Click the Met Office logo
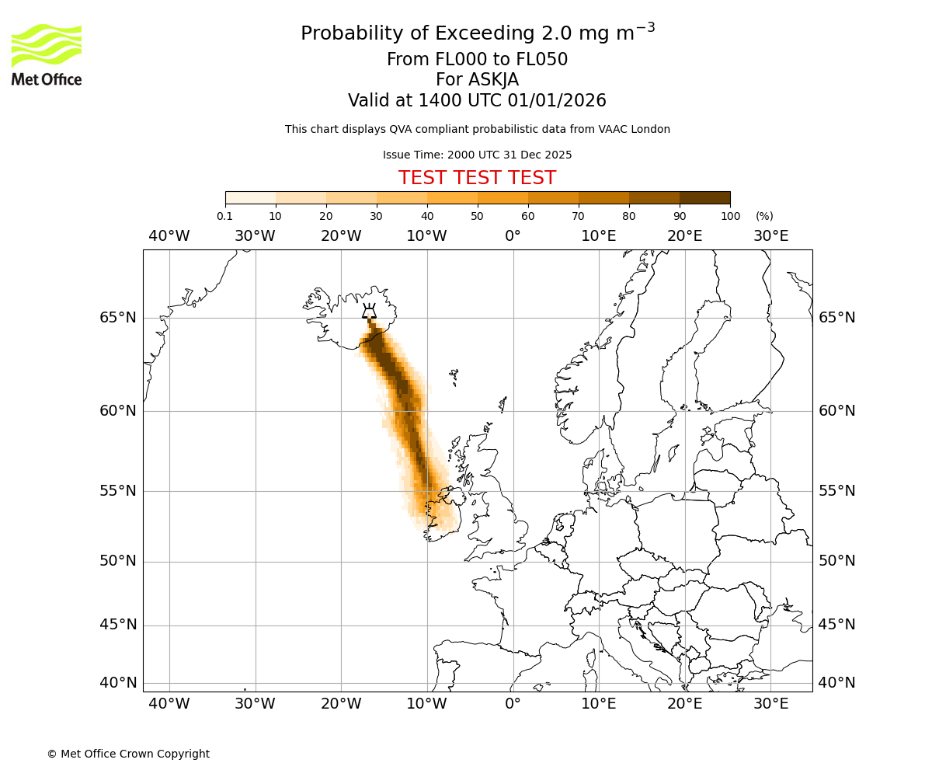[x=47, y=54]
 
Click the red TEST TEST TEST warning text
[x=477, y=178]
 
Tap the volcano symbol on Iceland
[x=369, y=311]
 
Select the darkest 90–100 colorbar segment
[x=704, y=198]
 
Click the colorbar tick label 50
[x=477, y=216]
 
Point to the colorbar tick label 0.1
[x=225, y=216]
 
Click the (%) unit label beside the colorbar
[x=764, y=216]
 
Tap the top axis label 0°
[x=513, y=236]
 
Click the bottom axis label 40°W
[x=169, y=704]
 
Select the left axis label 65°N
[x=117, y=318]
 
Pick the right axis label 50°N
[x=837, y=561]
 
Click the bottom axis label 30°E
[x=770, y=704]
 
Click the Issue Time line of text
[x=477, y=155]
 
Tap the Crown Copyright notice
[x=128, y=754]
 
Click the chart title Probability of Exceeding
[x=477, y=33]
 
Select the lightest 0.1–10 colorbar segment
[x=251, y=198]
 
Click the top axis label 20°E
[x=685, y=236]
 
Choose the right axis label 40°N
[x=837, y=683]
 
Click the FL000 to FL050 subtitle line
[x=477, y=60]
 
